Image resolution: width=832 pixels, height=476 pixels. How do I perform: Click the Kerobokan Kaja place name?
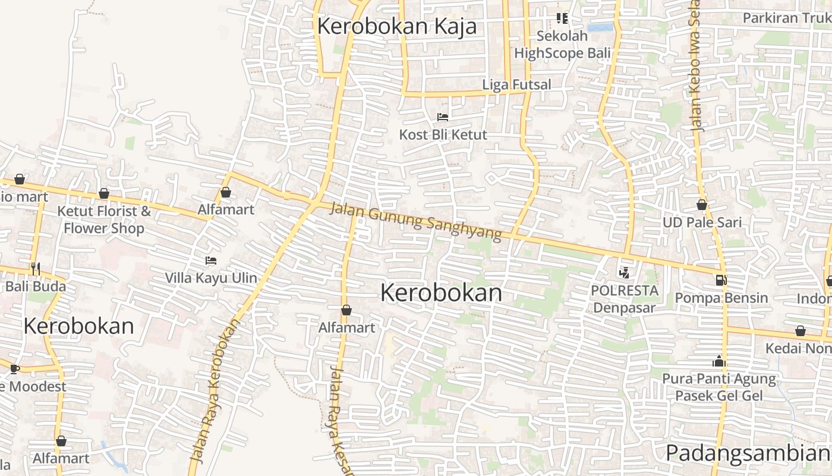pyautogui.click(x=397, y=27)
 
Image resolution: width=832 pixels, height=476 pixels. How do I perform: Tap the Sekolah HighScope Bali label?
pyautogui.click(x=562, y=45)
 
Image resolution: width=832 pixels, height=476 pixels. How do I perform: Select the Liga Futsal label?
pyautogui.click(x=516, y=84)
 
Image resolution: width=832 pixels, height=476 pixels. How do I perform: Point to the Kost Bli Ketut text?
pyautogui.click(x=443, y=134)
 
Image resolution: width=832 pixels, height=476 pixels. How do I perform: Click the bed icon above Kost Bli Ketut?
pyautogui.click(x=442, y=117)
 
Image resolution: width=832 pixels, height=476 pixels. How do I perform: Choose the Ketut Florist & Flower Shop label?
pyautogui.click(x=104, y=220)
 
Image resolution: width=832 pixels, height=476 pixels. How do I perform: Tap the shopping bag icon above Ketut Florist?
pyautogui.click(x=104, y=193)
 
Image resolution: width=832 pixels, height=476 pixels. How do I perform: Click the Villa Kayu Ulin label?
pyautogui.click(x=211, y=278)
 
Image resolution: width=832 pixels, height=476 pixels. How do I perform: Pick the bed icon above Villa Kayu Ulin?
pyautogui.click(x=210, y=261)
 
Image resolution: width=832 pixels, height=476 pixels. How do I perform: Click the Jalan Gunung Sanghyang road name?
pyautogui.click(x=415, y=221)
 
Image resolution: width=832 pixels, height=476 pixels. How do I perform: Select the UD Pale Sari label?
pyautogui.click(x=702, y=223)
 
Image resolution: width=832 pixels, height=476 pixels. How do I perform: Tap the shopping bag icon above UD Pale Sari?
pyautogui.click(x=702, y=205)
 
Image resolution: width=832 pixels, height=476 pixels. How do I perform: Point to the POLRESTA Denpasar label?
pyautogui.click(x=625, y=299)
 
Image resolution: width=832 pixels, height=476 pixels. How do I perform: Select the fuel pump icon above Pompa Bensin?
pyautogui.click(x=721, y=280)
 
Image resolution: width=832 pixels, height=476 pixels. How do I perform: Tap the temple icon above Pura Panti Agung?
pyautogui.click(x=719, y=361)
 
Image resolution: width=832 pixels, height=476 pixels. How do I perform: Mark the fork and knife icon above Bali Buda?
pyautogui.click(x=36, y=269)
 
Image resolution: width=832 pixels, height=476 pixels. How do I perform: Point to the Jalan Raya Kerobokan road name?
pyautogui.click(x=215, y=390)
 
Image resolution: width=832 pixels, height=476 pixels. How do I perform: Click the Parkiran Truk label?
pyautogui.click(x=787, y=18)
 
